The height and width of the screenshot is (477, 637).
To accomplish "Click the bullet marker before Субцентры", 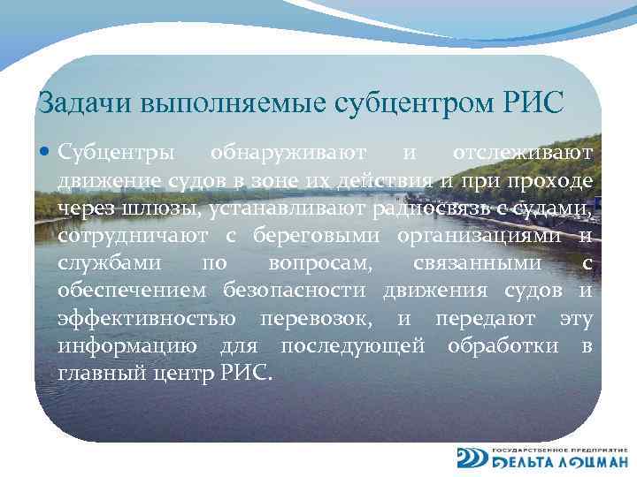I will point(47,153).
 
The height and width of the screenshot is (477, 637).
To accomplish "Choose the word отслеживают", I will point(517,153).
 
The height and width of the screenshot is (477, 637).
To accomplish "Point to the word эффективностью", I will point(146,318).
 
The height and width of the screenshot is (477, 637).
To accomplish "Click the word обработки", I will point(503,345).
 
